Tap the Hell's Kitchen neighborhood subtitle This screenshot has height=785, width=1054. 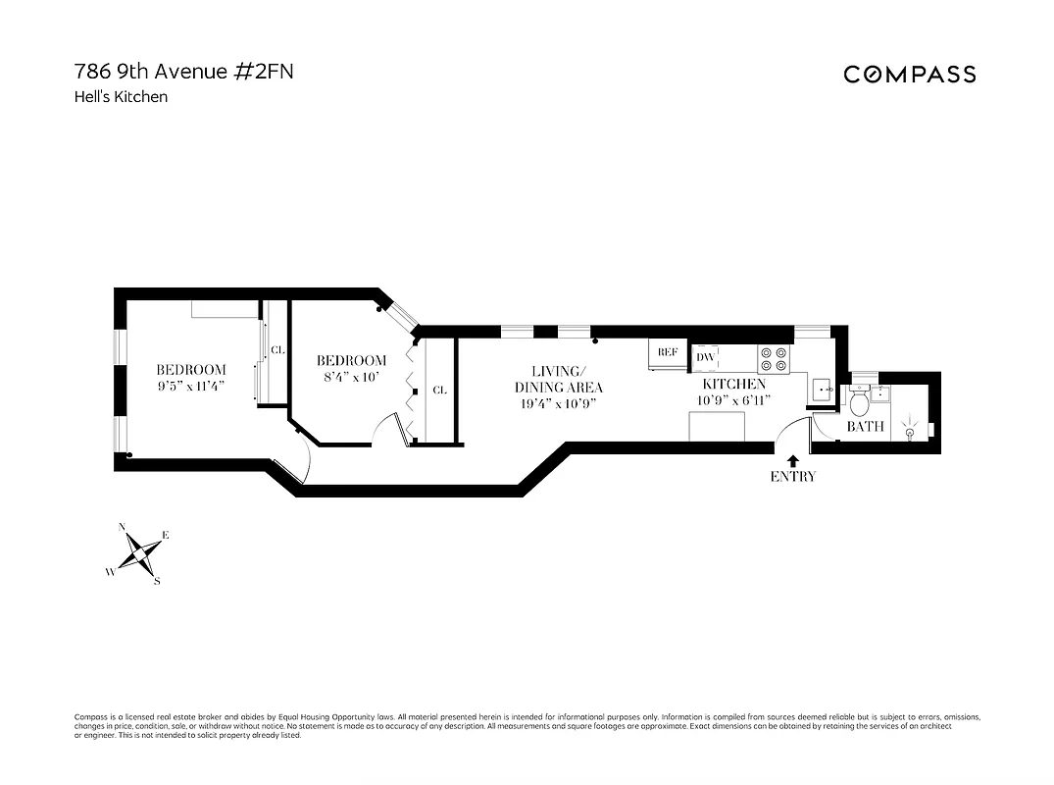[121, 97]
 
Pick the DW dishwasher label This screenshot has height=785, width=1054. [705, 358]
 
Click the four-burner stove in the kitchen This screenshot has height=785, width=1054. [774, 359]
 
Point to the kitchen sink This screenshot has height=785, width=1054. [822, 391]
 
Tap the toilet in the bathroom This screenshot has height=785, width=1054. [860, 400]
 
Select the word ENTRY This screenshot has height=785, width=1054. [792, 477]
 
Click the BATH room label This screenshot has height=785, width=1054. [865, 427]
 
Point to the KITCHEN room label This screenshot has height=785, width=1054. [733, 385]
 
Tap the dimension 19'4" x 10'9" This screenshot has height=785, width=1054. [558, 403]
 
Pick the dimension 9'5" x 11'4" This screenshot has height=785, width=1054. [191, 386]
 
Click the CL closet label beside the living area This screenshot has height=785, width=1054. [439, 390]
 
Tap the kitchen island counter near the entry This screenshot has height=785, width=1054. [717, 428]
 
